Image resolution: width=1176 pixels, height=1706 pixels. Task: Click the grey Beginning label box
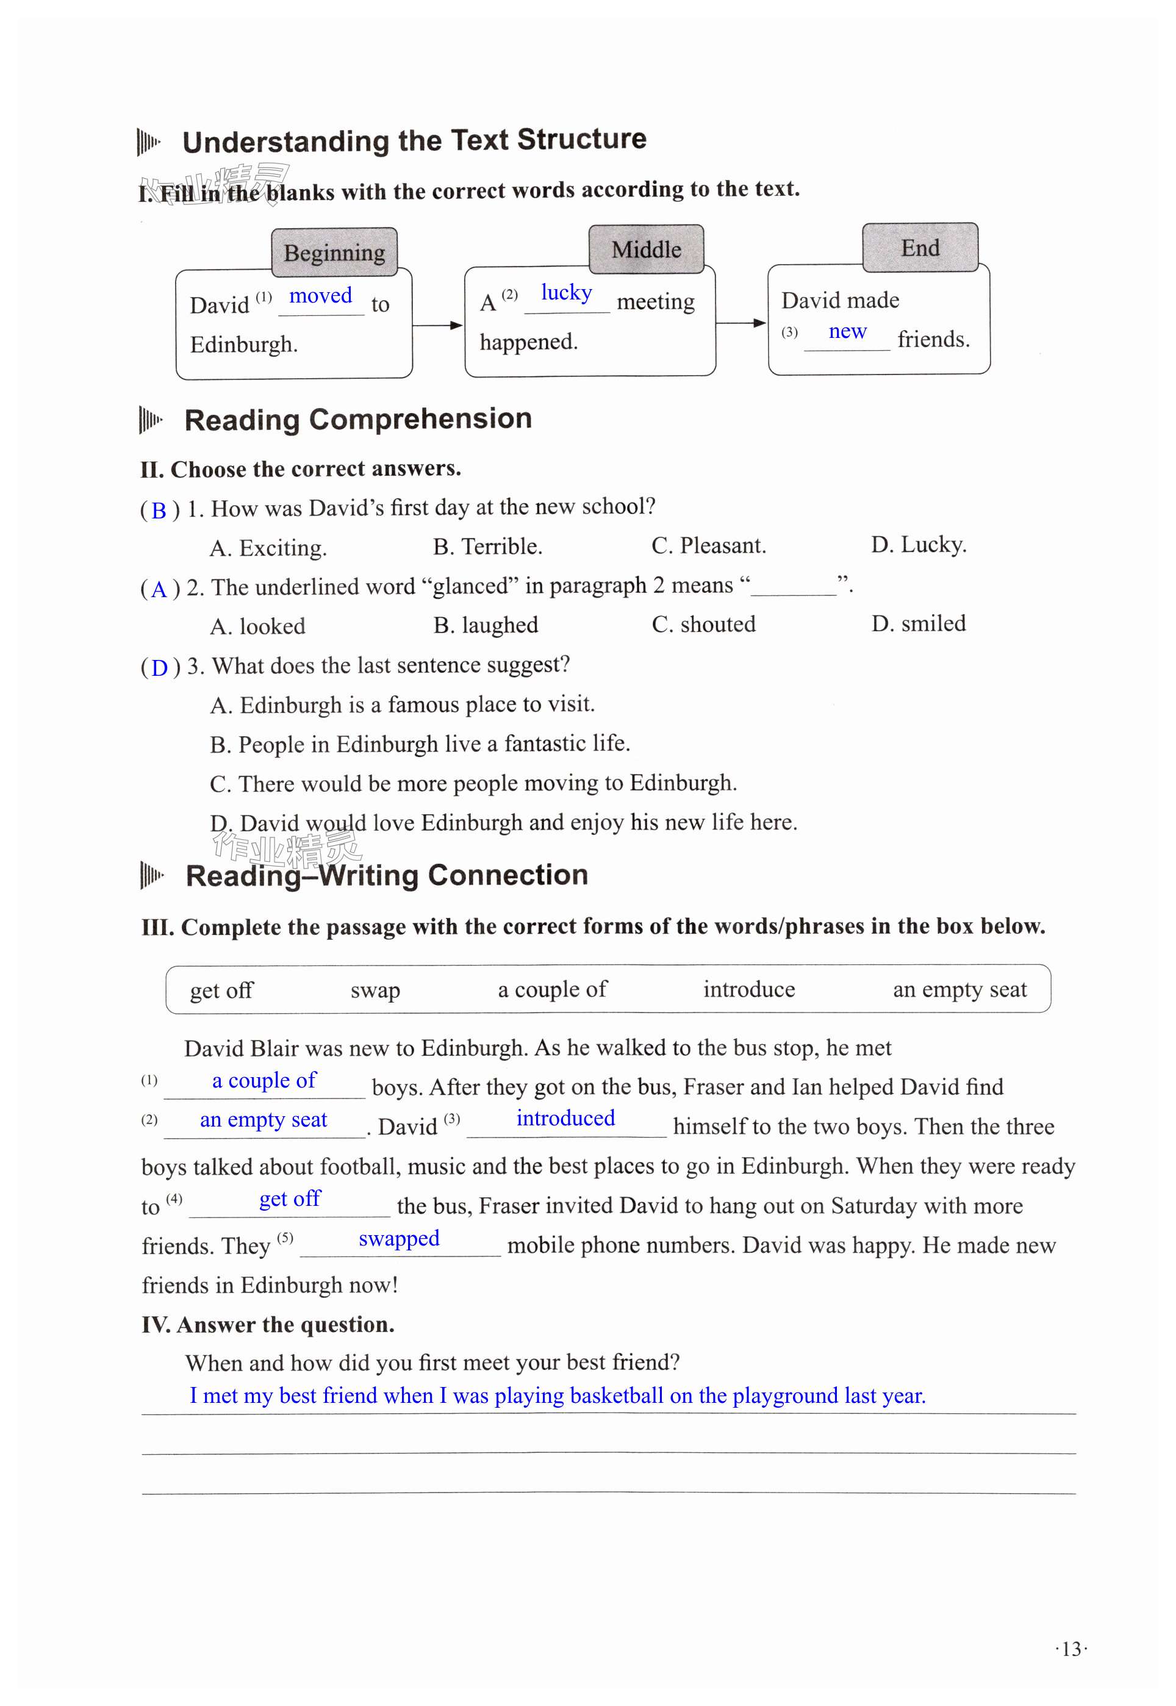pyautogui.click(x=334, y=253)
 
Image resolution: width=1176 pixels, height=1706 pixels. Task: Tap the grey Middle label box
pyautogui.click(x=646, y=249)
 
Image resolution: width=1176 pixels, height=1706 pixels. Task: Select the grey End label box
pyautogui.click(x=920, y=248)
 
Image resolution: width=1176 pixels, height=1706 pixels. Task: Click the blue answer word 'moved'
pyautogui.click(x=320, y=296)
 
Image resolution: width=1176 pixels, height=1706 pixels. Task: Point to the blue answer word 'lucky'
pyautogui.click(x=566, y=293)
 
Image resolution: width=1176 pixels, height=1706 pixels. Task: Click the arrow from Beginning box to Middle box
pyautogui.click(x=438, y=325)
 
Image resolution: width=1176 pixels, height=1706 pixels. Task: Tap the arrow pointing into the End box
pyautogui.click(x=741, y=323)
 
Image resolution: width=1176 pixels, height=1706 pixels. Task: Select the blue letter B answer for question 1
pyautogui.click(x=159, y=511)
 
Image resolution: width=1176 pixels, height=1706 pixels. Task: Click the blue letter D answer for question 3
pyautogui.click(x=160, y=668)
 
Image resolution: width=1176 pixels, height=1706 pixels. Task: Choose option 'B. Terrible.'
pyautogui.click(x=487, y=547)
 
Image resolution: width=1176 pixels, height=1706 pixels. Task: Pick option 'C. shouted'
pyautogui.click(x=704, y=625)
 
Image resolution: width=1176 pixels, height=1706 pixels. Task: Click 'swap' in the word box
pyautogui.click(x=375, y=991)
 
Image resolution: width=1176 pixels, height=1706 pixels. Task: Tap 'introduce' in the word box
pyautogui.click(x=748, y=989)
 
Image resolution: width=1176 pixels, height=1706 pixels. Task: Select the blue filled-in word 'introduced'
pyautogui.click(x=565, y=1118)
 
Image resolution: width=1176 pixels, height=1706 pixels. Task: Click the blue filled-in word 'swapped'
pyautogui.click(x=399, y=1238)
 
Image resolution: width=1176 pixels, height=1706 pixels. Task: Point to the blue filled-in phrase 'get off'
pyautogui.click(x=290, y=1199)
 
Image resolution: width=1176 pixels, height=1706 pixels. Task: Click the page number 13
pyautogui.click(x=1071, y=1649)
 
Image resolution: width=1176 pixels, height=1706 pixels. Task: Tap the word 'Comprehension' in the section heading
pyautogui.click(x=421, y=419)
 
